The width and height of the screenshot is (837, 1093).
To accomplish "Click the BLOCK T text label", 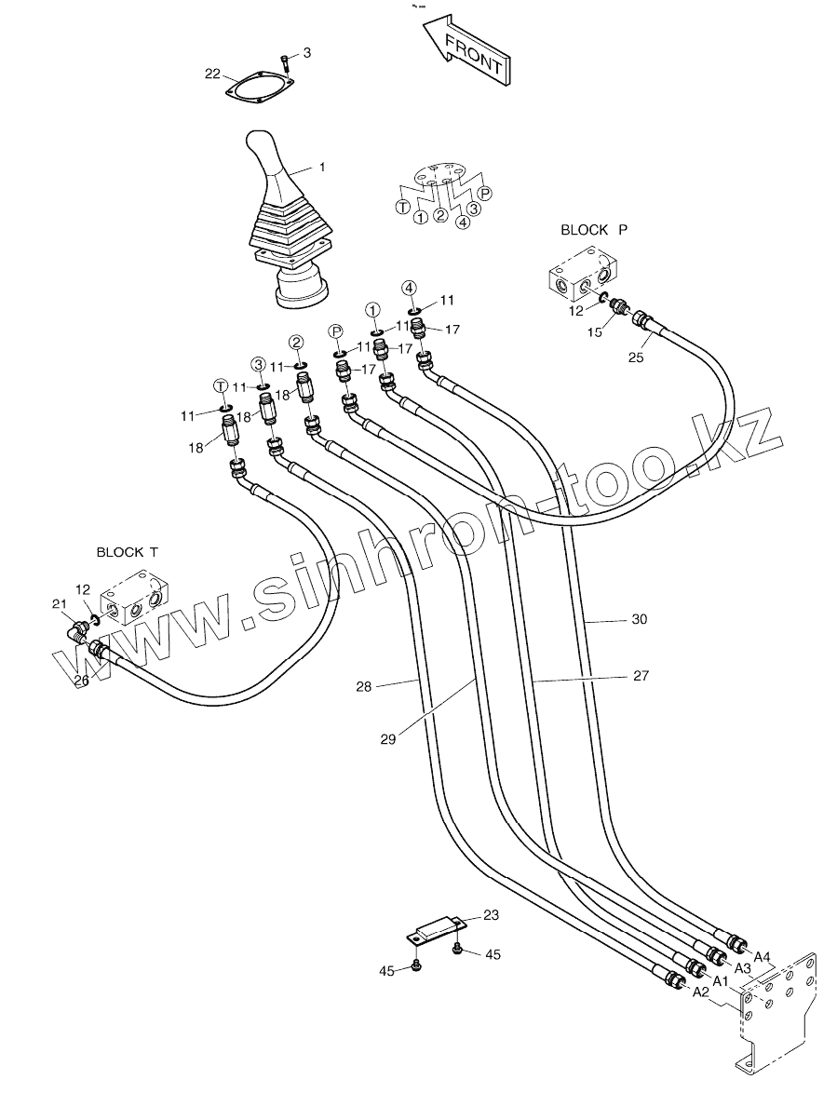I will pos(127,552).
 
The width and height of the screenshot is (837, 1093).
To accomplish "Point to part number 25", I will pos(636,357).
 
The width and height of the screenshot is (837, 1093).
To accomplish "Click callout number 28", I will pos(363,686).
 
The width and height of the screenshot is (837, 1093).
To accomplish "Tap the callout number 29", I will pos(388,740).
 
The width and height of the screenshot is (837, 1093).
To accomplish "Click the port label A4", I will pos(762,956).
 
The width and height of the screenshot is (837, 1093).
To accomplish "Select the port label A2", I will pos(700,992).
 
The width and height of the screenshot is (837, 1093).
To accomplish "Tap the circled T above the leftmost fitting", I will pos(221,385).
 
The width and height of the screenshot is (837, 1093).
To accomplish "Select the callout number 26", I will pos(82,681).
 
